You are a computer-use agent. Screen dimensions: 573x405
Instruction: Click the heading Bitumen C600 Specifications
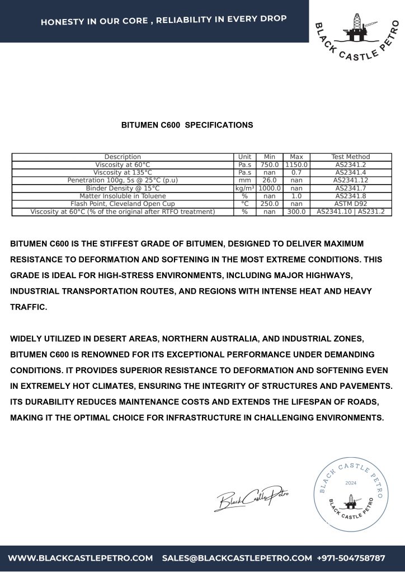187,125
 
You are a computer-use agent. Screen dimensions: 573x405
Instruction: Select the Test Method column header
350,157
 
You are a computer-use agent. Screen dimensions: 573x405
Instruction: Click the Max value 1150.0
296,165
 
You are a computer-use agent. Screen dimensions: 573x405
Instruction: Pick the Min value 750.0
269,165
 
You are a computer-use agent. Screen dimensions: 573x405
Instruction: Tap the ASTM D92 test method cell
350,204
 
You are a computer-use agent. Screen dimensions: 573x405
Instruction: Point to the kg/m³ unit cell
244,189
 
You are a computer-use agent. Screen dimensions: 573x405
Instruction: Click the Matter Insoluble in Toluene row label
123,196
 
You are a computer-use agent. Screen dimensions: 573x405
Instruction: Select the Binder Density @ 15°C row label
123,189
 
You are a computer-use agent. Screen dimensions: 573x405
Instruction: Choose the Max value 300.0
296,212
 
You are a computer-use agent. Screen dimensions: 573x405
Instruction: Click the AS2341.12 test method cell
350,181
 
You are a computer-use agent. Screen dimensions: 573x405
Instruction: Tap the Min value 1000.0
269,189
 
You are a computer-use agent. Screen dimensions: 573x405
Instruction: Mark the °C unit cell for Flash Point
244,204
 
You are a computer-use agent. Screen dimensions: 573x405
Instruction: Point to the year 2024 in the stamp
351,482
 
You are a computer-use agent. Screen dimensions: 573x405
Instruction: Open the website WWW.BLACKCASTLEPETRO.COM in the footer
81,558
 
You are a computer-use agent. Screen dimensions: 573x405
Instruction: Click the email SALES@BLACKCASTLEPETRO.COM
237,558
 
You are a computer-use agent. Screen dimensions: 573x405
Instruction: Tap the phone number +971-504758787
351,558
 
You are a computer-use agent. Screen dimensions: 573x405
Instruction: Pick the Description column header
123,157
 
